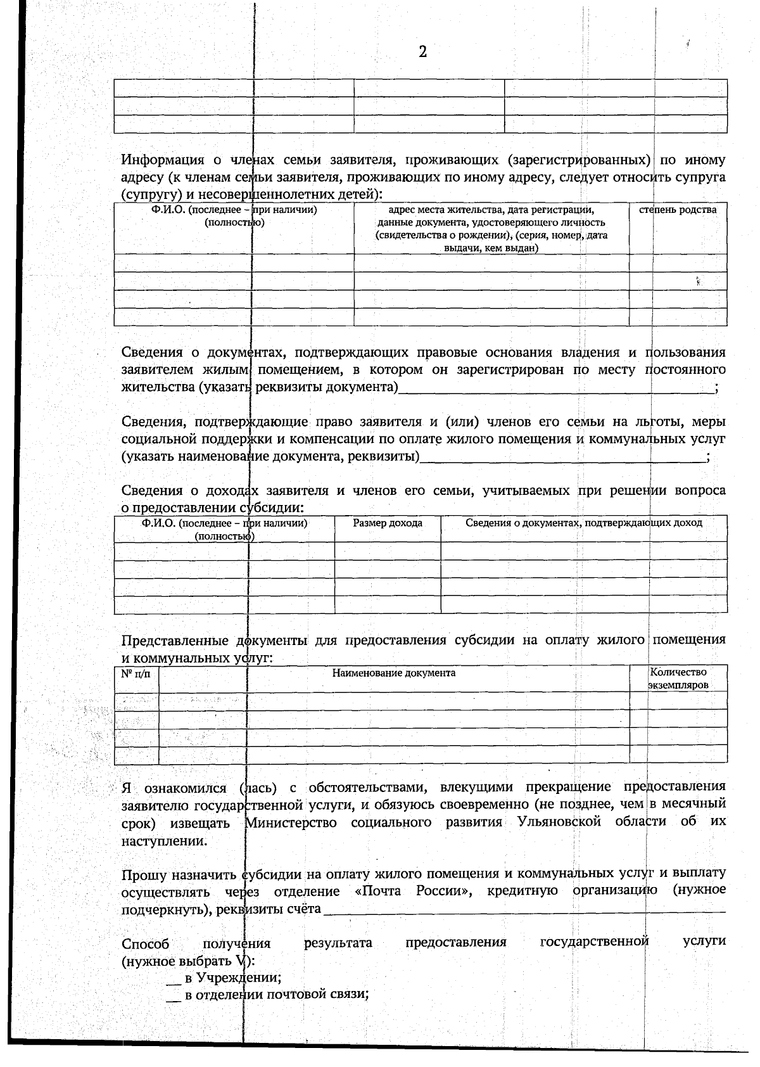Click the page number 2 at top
pos(422,52)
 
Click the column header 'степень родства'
pos(677,210)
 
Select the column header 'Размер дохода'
pos(388,523)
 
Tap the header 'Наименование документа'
pos(394,673)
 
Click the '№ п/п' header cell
pos(136,673)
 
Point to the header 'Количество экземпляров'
pos(678,679)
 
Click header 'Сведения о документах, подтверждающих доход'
pos(583,523)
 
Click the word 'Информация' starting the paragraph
pos(160,160)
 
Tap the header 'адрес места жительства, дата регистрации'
pos(491,210)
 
